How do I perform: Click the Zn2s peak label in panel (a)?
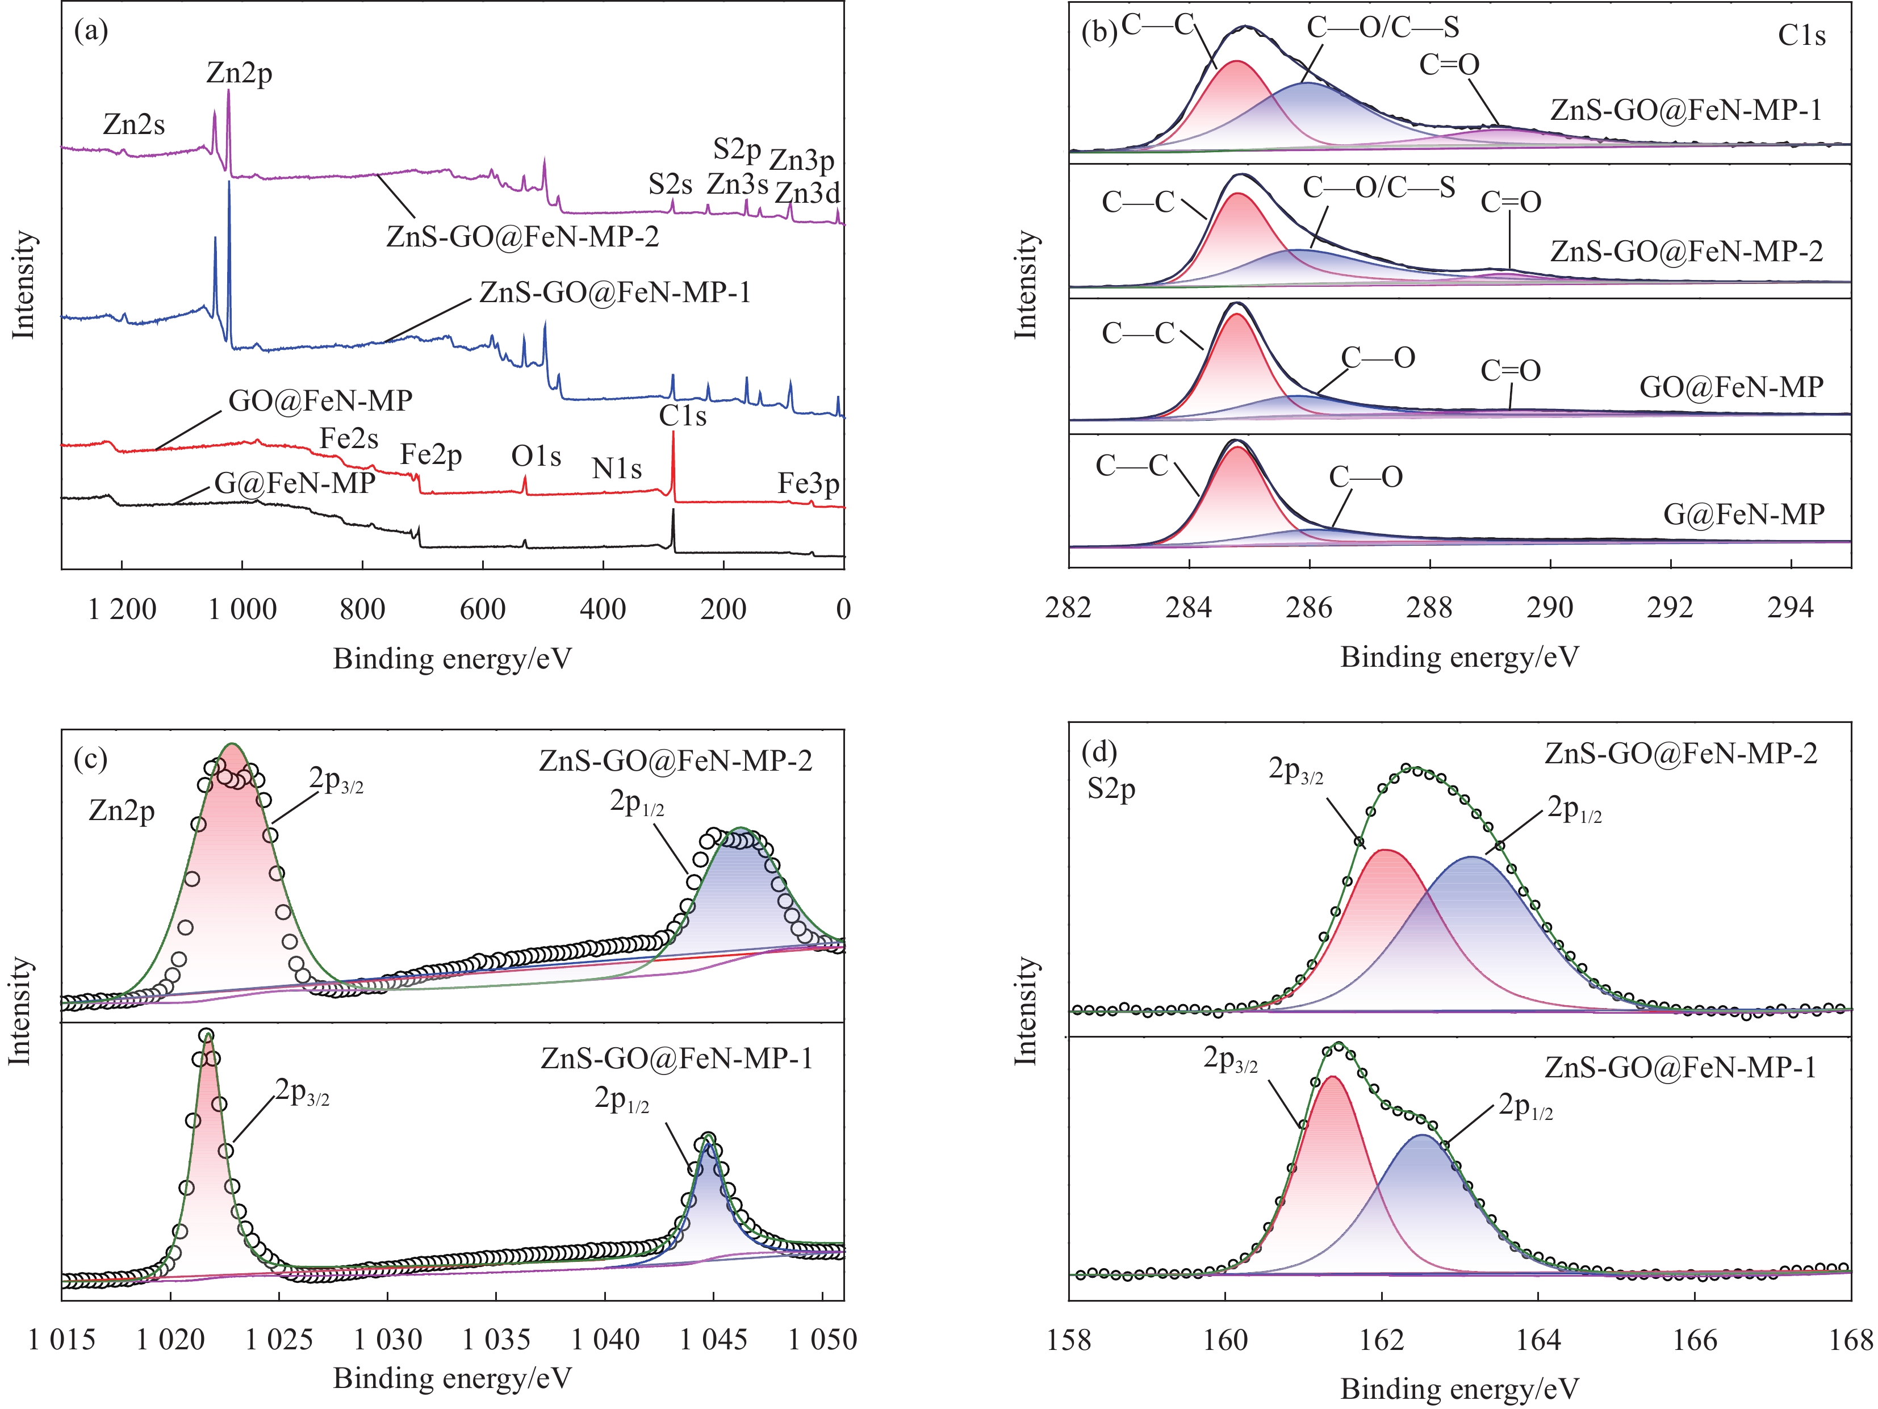click(x=133, y=125)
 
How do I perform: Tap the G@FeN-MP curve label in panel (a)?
click(x=295, y=483)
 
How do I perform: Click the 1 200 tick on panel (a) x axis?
click(x=122, y=609)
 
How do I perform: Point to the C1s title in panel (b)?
click(x=1801, y=36)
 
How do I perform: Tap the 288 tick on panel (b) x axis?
click(x=1430, y=608)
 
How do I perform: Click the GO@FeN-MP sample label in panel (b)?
click(x=1731, y=388)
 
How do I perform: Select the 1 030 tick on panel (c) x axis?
click(x=388, y=1340)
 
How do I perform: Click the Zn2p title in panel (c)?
click(x=122, y=812)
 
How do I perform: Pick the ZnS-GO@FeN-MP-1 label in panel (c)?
click(x=677, y=1059)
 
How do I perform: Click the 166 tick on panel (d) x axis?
click(x=1695, y=1341)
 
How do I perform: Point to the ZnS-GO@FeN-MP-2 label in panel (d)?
click(x=1681, y=754)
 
